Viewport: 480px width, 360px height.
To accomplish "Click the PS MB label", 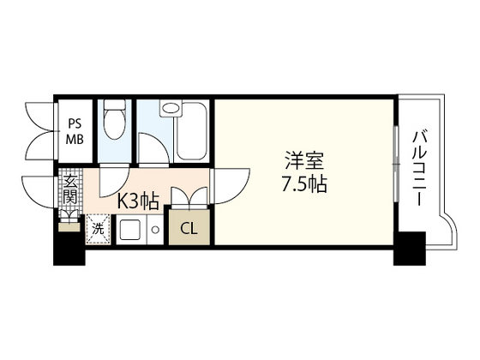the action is point(75,132).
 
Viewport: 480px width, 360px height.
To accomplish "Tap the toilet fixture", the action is point(115,120).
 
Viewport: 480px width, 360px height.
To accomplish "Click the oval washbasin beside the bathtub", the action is point(171,108).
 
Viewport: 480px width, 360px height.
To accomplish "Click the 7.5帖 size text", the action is point(304,184).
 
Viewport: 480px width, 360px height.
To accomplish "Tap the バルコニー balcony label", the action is point(419,168).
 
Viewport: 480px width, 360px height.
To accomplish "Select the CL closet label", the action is point(189,228).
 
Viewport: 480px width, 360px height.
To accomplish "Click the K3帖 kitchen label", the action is point(139,201).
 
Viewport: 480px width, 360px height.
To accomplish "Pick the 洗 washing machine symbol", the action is point(98,230).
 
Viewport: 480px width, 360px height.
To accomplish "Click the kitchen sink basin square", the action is point(130,230).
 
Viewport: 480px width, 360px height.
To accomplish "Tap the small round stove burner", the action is point(156,230).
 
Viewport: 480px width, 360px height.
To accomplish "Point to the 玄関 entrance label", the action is point(70,189).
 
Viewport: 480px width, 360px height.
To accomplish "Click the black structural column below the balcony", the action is point(410,249).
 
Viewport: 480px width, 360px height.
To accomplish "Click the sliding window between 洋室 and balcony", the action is point(395,164).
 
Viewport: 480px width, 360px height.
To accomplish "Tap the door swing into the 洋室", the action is point(231,186).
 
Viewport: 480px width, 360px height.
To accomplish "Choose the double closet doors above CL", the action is point(189,197).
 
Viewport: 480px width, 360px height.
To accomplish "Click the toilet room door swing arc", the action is point(115,181).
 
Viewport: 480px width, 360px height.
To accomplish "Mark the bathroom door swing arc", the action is point(153,147).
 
